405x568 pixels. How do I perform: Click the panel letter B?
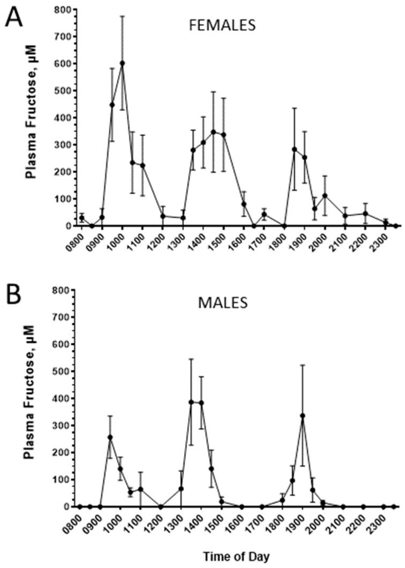pos(15,293)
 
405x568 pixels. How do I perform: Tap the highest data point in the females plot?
pos(122,63)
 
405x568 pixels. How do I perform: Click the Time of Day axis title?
pos(236,557)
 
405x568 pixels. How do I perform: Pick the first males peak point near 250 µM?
pos(110,437)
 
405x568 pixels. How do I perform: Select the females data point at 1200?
pos(163,216)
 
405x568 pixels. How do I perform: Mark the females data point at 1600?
pos(244,204)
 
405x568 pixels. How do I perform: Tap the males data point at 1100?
pos(141,489)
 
